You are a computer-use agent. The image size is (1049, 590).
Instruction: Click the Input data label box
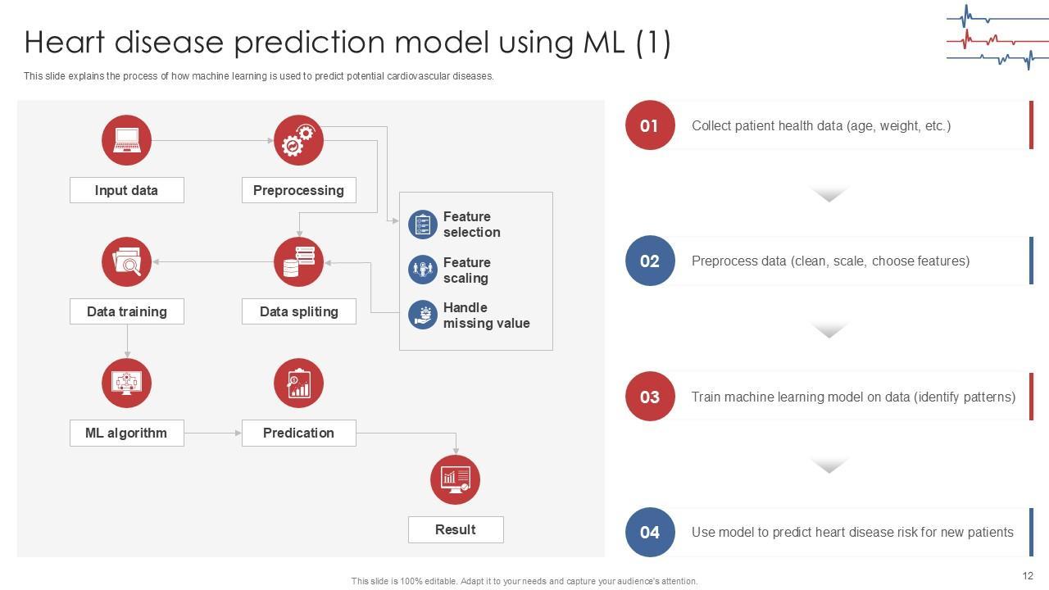point(126,190)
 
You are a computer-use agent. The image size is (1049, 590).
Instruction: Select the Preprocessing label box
point(298,190)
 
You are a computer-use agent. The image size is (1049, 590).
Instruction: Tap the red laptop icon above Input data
point(126,140)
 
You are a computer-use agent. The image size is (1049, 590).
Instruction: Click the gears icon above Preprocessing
point(298,140)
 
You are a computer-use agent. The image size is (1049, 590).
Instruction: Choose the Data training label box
point(126,311)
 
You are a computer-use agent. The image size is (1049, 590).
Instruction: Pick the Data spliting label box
point(298,311)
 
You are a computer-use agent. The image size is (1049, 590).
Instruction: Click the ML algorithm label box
point(126,433)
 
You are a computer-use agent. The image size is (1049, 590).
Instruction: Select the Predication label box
point(298,433)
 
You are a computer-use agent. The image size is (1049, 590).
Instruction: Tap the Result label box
point(456,529)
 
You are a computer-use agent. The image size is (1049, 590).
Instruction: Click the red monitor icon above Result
point(455,479)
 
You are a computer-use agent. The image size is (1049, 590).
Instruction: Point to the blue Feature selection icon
point(423,225)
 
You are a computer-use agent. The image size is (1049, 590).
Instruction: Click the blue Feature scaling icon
point(423,270)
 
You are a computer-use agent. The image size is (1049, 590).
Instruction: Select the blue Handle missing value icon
point(423,315)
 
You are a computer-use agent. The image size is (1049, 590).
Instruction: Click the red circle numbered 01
point(650,125)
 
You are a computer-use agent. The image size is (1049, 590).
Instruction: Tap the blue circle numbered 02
point(650,261)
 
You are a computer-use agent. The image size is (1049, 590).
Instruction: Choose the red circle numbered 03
point(650,397)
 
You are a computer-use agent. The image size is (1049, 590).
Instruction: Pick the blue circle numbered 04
point(650,532)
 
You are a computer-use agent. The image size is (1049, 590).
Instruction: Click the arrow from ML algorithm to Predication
point(212,433)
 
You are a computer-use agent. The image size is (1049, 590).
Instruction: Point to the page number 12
point(1028,576)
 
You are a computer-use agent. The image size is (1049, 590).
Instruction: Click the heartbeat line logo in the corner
point(997,38)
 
